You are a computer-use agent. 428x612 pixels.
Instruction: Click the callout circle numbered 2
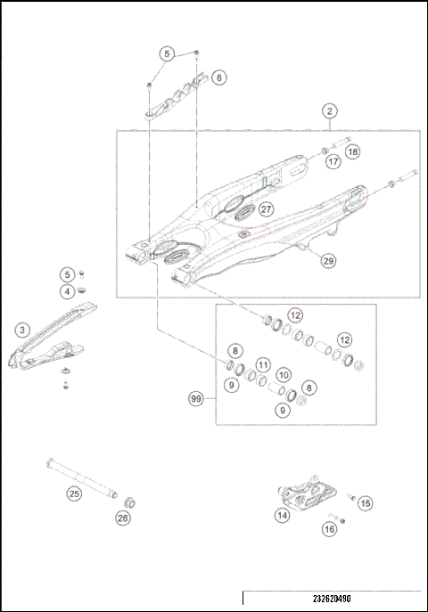330,111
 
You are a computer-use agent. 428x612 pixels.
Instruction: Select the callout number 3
21,330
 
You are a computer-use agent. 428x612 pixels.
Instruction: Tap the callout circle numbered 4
67,291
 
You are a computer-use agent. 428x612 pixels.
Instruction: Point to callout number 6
218,78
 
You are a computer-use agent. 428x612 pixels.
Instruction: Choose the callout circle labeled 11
262,365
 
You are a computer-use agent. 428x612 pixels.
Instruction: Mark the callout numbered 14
282,514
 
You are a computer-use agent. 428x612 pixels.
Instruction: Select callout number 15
365,503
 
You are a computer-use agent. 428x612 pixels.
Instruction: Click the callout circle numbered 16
330,529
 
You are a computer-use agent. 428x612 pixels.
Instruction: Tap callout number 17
332,162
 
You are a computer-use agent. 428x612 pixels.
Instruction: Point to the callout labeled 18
353,152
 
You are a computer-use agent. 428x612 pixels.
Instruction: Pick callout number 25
75,492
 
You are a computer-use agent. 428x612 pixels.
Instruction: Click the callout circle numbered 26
123,517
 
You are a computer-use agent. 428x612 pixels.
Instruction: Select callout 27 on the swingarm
266,210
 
